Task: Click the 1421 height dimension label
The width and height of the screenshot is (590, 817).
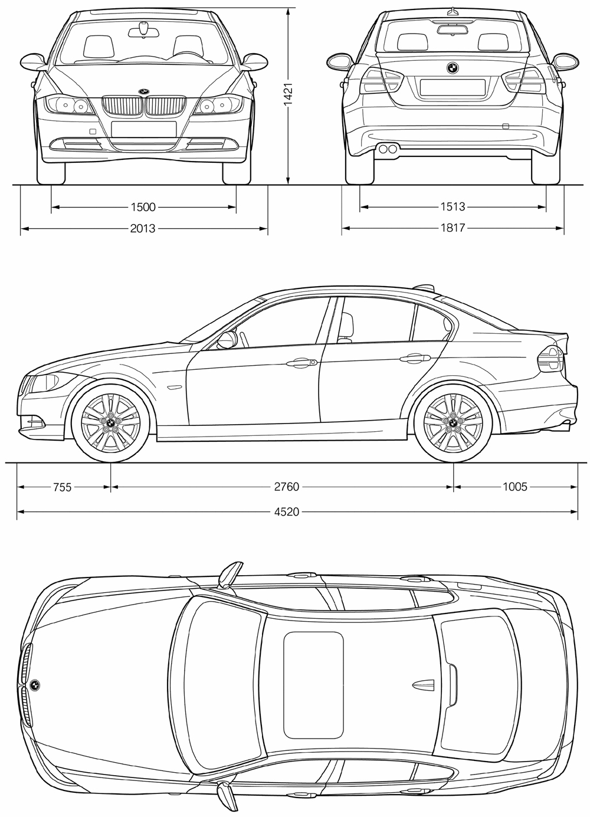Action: coord(289,94)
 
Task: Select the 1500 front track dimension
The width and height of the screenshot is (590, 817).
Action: coord(143,207)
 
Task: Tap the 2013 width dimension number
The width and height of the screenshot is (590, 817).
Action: coord(143,228)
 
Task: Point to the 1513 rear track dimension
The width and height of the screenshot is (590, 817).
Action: coord(453,207)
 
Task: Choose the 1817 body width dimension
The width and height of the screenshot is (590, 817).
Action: coord(453,228)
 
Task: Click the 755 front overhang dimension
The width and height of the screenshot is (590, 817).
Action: coord(63,487)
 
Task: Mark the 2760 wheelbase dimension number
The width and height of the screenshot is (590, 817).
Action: coord(287,487)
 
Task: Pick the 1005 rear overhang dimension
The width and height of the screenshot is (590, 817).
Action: coord(515,487)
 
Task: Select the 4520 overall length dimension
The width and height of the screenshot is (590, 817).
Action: coord(287,511)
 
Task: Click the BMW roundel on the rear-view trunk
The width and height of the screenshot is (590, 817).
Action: coord(453,67)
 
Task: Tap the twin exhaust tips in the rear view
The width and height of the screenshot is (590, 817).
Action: coord(388,149)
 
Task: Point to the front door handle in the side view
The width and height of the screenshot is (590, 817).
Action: coord(301,362)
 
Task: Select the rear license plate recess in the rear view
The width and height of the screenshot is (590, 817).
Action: coord(453,87)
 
